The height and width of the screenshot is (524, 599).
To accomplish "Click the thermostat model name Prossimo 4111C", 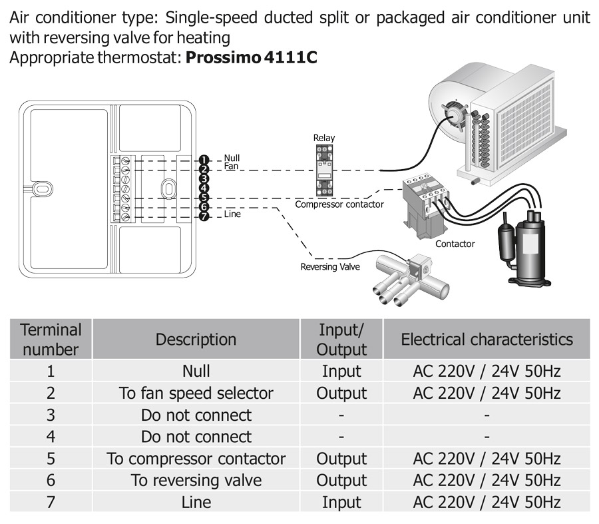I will [251, 57].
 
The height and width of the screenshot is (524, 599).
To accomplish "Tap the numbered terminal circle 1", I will [204, 160].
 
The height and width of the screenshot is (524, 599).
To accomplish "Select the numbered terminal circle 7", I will [204, 216].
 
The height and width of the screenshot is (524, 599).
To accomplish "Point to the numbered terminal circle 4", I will [204, 188].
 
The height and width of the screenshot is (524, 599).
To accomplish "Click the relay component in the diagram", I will [323, 170].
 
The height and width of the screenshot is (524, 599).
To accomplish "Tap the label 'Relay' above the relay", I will [324, 138].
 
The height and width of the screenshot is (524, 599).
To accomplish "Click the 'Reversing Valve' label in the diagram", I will [330, 267].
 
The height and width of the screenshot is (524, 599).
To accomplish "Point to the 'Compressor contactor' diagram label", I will [339, 204].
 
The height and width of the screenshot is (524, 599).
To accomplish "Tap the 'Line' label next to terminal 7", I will [232, 214].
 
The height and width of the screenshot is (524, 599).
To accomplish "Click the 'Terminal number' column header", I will [51, 339].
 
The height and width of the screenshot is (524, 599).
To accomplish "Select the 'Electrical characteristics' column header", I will [487, 339].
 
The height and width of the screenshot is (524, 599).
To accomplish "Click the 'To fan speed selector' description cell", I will [196, 393].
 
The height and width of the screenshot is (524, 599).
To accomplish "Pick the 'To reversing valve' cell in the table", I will [196, 480].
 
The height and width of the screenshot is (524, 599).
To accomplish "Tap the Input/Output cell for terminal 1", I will [341, 371].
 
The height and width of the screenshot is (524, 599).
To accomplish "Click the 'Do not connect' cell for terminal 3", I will [196, 415].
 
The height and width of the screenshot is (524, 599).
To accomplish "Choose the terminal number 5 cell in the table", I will [51, 459].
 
